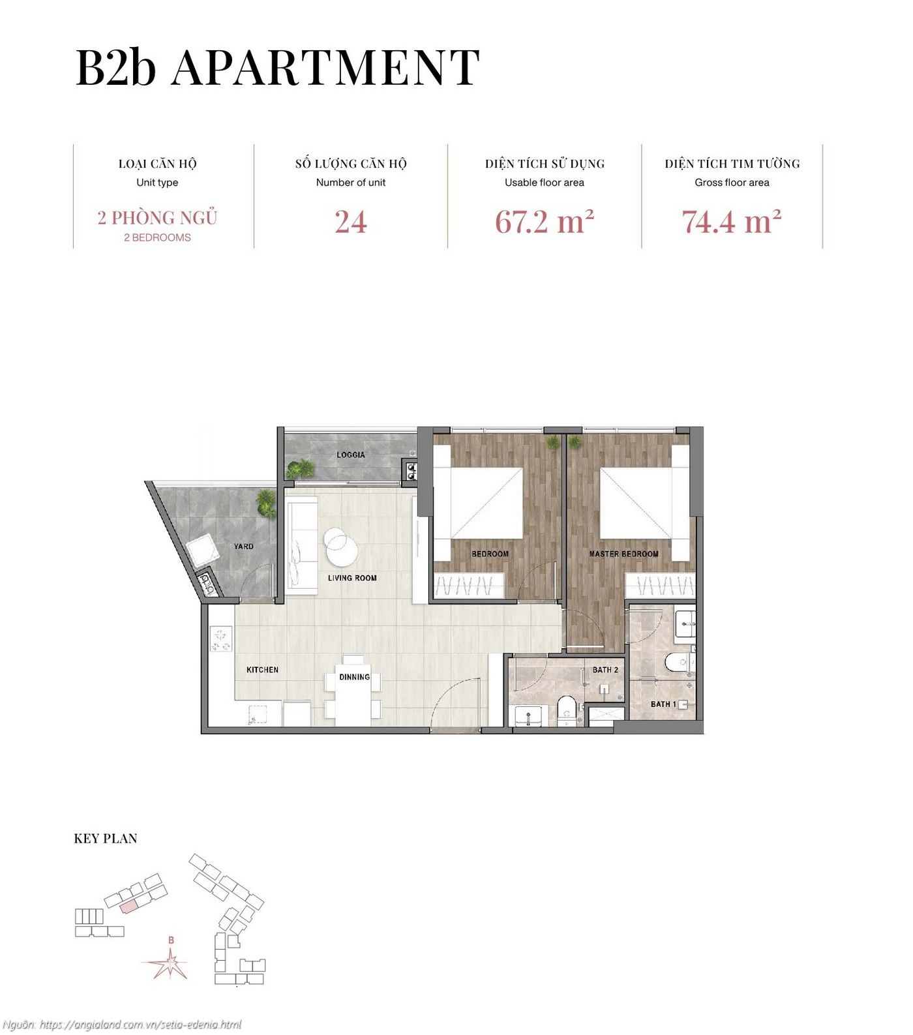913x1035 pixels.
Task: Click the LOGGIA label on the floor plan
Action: click(351, 455)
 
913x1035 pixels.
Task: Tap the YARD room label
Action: click(244, 546)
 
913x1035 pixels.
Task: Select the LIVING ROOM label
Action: click(352, 578)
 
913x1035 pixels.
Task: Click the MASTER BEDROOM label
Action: click(623, 554)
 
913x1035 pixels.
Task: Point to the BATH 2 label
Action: click(605, 670)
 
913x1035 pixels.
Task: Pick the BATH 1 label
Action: click(663, 704)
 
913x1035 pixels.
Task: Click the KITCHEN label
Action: click(262, 670)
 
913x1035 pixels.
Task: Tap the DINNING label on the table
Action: click(354, 677)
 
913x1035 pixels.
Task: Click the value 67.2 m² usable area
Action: click(544, 222)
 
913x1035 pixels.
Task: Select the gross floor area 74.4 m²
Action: click(731, 222)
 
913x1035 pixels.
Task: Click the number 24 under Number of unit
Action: click(351, 222)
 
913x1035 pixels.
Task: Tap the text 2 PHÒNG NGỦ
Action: click(157, 218)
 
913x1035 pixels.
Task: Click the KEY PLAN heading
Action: click(106, 839)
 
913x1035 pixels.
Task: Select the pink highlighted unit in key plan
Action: click(128, 905)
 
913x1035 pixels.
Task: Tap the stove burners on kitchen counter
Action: click(221, 638)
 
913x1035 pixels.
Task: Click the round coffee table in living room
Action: click(340, 547)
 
